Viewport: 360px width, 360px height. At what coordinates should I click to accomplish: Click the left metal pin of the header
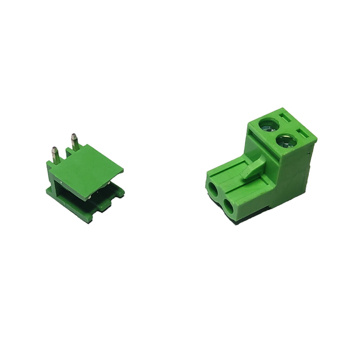pos(56,156)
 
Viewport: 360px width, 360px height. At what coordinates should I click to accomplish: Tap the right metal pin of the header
pos(75,143)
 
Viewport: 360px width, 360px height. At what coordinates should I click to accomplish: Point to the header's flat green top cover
pos(88,171)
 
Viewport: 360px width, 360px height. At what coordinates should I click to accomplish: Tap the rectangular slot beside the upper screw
pos(285,117)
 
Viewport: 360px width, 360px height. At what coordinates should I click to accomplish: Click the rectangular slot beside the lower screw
pos(302,134)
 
